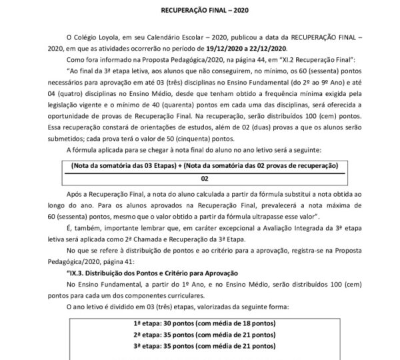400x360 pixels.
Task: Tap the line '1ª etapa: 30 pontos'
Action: coord(201,324)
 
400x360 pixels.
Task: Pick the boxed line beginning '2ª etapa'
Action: coord(201,336)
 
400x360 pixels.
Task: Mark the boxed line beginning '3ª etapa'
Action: coord(201,348)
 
